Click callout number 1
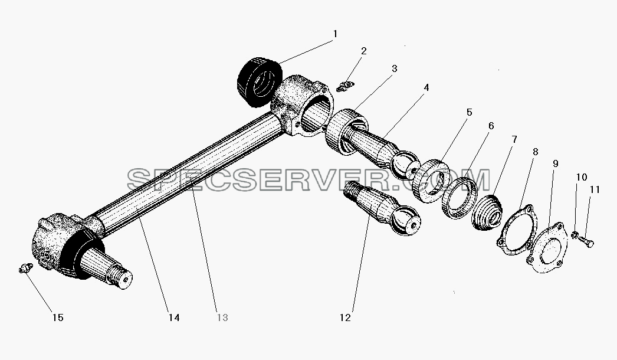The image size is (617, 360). (335, 34)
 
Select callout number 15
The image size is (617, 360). (58, 318)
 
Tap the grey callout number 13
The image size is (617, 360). (222, 318)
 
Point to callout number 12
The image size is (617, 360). (345, 318)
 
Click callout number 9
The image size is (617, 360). (555, 163)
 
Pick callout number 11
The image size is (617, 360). (595, 190)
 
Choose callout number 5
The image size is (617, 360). (469, 112)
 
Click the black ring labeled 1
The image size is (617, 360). (260, 82)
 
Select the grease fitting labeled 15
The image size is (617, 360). (25, 269)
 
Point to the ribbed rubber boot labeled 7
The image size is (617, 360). (487, 212)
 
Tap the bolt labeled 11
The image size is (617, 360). (586, 241)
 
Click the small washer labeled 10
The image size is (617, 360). (575, 235)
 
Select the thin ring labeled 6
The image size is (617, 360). (460, 197)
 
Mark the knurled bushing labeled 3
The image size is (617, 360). (346, 132)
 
